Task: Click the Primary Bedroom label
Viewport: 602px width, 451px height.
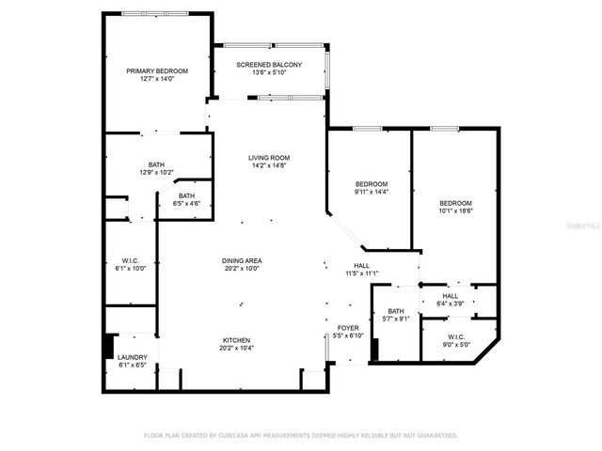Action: (157, 70)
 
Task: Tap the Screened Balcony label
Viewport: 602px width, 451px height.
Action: (269, 64)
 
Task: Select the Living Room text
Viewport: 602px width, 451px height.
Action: (269, 158)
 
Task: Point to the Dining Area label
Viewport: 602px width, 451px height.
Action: (242, 260)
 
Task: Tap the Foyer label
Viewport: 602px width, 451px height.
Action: (348, 328)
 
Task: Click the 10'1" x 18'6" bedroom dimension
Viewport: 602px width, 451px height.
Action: (455, 211)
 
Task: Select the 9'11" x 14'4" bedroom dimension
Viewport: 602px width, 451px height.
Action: (371, 192)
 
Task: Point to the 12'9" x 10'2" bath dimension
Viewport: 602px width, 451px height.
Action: (156, 172)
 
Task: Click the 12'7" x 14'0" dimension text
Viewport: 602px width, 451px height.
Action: (157, 79)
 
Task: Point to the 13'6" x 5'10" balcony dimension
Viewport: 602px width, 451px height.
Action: (269, 72)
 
